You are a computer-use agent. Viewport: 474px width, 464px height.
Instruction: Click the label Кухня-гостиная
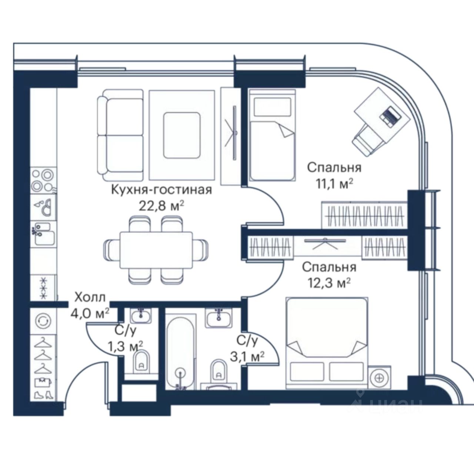[x=161, y=190]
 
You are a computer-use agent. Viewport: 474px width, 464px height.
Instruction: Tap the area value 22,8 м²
[x=161, y=206]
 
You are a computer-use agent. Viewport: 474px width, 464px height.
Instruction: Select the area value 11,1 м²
[x=334, y=184]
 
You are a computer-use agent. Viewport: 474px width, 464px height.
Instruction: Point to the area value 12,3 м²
[x=329, y=283]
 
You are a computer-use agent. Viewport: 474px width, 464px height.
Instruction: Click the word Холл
[x=90, y=297]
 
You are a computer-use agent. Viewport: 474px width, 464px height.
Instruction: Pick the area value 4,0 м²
[x=90, y=313]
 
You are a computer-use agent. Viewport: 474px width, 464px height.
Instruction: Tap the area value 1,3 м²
[x=126, y=346]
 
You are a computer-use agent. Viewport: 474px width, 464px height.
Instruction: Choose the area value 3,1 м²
[x=247, y=357]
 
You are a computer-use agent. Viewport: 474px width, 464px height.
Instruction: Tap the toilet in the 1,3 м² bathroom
[x=141, y=362]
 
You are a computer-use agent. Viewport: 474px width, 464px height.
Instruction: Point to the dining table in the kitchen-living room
[x=156, y=250]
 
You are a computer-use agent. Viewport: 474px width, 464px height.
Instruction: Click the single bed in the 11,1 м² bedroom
[x=272, y=135]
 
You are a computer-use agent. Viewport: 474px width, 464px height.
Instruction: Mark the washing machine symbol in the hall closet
[x=43, y=321]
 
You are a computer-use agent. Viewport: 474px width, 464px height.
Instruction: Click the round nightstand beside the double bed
[x=380, y=378]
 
